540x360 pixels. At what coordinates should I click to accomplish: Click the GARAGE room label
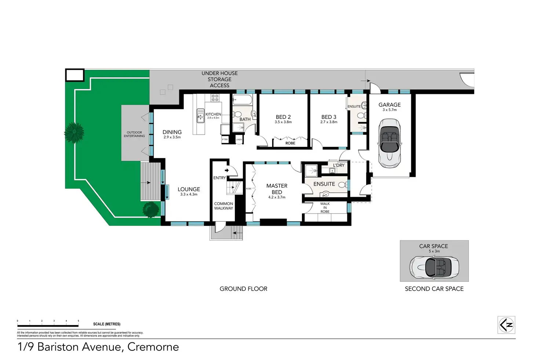click(x=389, y=105)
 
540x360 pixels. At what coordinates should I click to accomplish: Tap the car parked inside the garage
click(x=389, y=143)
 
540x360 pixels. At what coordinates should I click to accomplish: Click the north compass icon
click(x=506, y=325)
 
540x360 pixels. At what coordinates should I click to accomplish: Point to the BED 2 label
click(x=283, y=117)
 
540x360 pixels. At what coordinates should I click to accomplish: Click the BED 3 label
click(x=329, y=117)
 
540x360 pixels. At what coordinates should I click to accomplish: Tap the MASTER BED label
click(x=277, y=189)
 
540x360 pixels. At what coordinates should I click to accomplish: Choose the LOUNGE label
click(x=189, y=189)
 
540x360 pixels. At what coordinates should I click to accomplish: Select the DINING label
click(x=172, y=132)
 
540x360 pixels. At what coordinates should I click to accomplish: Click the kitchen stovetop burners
click(x=215, y=98)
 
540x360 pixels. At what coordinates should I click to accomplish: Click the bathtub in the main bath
click(x=242, y=100)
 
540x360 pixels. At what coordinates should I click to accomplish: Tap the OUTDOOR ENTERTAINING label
click(x=134, y=134)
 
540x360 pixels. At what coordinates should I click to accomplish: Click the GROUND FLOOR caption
click(x=244, y=289)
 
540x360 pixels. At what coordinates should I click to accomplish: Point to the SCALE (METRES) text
click(x=107, y=324)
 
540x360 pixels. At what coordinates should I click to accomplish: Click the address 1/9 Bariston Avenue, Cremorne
click(x=98, y=347)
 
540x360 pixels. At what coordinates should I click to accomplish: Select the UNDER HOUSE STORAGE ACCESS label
click(x=219, y=79)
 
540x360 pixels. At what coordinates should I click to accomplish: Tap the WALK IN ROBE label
click(x=325, y=208)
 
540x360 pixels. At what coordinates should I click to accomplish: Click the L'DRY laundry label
click(x=339, y=166)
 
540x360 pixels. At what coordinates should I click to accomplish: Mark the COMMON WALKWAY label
click(x=223, y=206)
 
